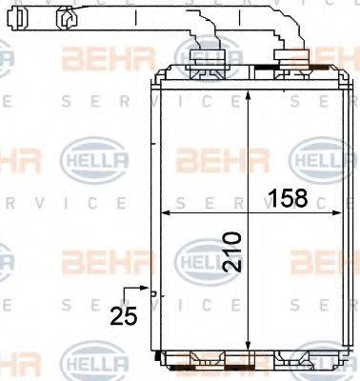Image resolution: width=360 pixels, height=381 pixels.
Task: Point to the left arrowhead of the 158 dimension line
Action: pos(159,211)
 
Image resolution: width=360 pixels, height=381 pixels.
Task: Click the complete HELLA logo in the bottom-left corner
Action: pos(87,363)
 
